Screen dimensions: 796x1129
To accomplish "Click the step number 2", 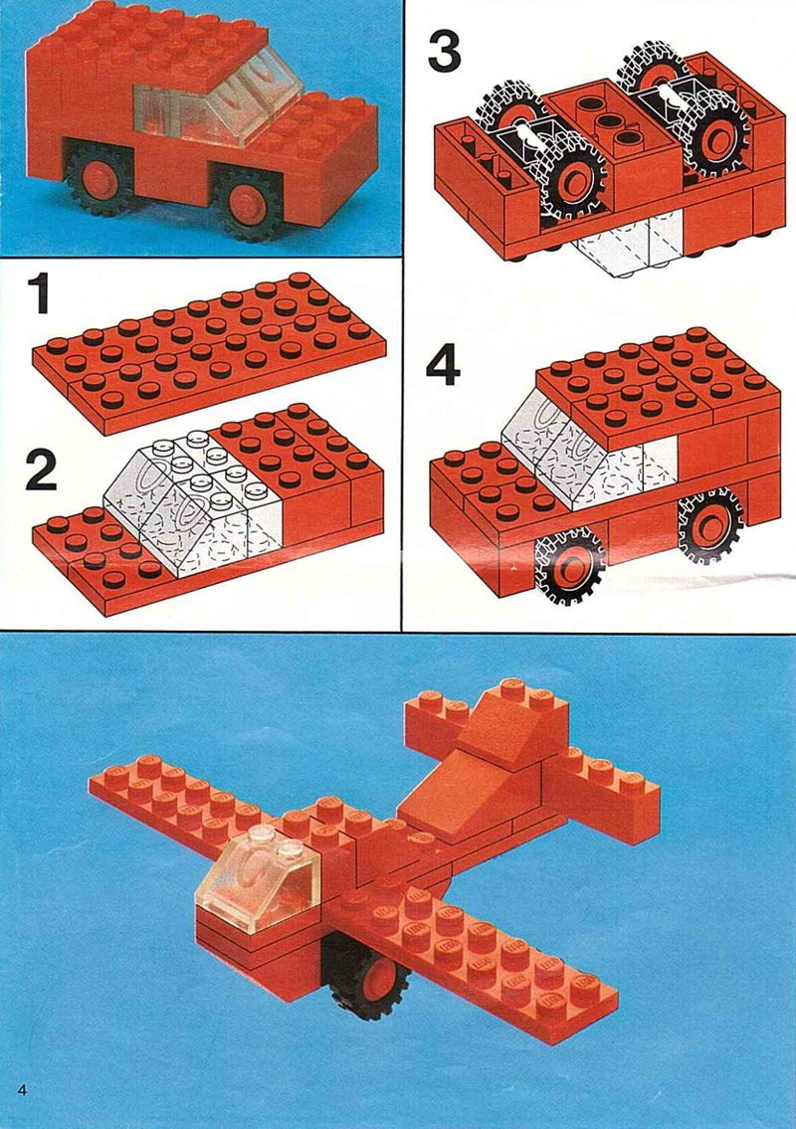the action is pyautogui.click(x=41, y=470).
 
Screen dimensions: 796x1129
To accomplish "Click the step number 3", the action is pyautogui.click(x=443, y=51).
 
